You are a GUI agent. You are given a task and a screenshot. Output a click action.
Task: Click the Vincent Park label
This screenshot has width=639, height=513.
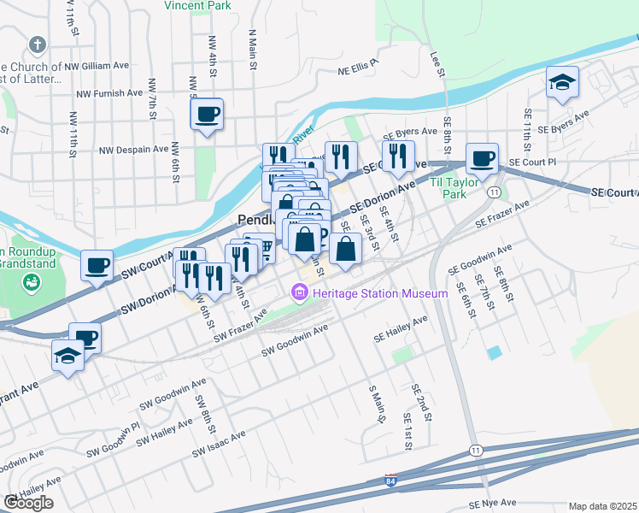197,5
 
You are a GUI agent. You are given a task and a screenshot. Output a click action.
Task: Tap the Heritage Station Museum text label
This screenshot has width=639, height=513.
380,294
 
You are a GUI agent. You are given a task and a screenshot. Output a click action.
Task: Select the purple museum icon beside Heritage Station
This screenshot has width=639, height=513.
299,294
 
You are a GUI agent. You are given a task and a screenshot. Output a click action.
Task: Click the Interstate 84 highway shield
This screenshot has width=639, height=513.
390,481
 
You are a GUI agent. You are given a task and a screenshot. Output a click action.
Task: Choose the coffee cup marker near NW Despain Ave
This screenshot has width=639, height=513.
208,114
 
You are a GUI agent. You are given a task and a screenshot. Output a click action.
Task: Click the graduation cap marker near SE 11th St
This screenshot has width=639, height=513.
562,83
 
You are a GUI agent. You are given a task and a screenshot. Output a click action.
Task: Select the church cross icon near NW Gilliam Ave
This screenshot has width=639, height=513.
37,44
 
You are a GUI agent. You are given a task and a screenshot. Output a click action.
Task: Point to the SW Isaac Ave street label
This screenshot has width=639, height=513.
219,443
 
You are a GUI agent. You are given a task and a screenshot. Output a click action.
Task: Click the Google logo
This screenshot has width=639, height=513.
28,503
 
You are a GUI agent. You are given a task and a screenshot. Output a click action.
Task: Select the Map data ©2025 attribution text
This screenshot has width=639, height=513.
602,506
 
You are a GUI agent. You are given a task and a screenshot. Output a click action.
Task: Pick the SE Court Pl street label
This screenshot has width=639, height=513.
531,162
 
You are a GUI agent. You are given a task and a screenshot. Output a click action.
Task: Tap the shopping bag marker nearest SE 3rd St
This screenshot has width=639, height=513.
345,251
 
